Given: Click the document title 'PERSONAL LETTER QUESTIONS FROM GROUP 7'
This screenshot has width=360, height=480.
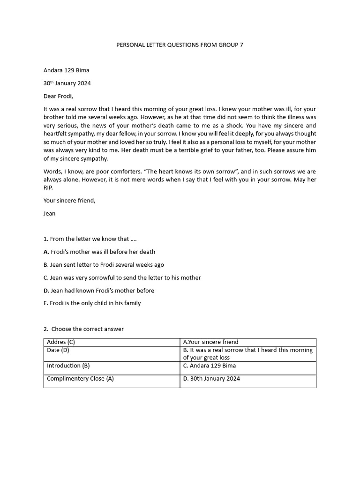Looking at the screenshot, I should pyautogui.click(x=180, y=45).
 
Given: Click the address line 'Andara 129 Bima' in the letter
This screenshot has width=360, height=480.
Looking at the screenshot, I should pyautogui.click(x=66, y=70).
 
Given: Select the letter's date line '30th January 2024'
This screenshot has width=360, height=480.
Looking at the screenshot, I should pyautogui.click(x=67, y=83).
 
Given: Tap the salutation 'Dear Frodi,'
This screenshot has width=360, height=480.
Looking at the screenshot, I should pyautogui.click(x=59, y=96).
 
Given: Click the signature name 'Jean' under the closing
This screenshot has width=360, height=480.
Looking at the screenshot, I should pyautogui.click(x=49, y=213).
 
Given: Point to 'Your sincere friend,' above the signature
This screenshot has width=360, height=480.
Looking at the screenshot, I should pyautogui.click(x=69, y=201).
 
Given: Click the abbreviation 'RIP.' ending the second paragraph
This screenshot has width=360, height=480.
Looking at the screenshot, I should pyautogui.click(x=48, y=187).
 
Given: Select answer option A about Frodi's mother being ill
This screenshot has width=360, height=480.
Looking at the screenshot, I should pyautogui.click(x=99, y=252).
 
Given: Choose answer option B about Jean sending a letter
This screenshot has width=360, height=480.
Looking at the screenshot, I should pyautogui.click(x=104, y=265).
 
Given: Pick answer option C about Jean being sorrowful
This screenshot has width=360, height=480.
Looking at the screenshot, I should pyautogui.click(x=122, y=277).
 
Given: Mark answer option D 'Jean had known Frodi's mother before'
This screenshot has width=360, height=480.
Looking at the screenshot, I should pyautogui.click(x=99, y=291).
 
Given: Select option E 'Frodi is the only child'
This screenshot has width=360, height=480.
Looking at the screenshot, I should pyautogui.click(x=92, y=303).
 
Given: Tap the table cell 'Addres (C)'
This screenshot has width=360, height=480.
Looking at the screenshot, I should pyautogui.click(x=61, y=342).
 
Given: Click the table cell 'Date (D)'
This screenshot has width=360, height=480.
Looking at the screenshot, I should pyautogui.click(x=58, y=350).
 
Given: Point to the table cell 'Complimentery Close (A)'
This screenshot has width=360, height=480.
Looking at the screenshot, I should pyautogui.click(x=80, y=379).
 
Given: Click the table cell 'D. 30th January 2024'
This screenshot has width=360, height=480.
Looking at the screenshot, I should pyautogui.click(x=211, y=379).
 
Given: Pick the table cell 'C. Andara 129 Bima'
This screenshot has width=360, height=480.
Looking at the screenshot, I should pyautogui.click(x=210, y=366).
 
